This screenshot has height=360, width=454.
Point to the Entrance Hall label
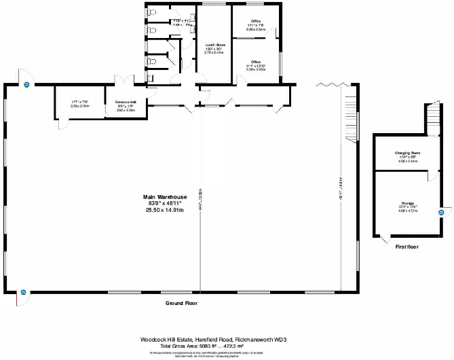pyautogui.click(x=126, y=102)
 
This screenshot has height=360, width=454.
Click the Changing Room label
pyautogui.click(x=407, y=153)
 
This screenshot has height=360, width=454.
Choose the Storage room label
pyautogui.click(x=407, y=203)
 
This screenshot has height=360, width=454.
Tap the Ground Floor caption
pyautogui.click(x=181, y=303)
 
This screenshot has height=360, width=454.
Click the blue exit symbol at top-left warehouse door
pyautogui.click(x=26, y=85)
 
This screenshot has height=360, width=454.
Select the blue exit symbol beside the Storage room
pyautogui.click(x=440, y=211)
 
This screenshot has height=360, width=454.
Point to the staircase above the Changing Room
pyautogui.click(x=431, y=120)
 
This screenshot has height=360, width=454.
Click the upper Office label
pyautogui.click(x=256, y=22)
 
